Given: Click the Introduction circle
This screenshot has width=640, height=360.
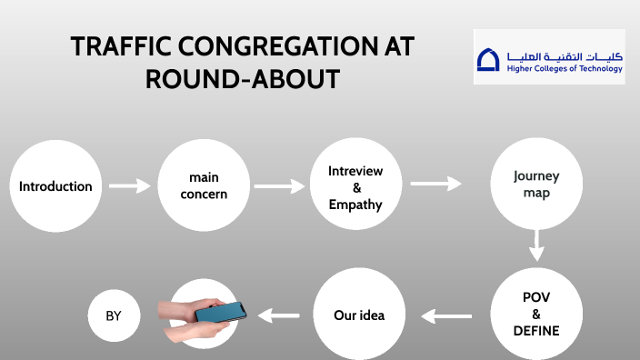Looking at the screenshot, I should pyautogui.click(x=55, y=186).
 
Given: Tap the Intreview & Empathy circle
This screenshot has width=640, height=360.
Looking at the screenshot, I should pyautogui.click(x=355, y=186).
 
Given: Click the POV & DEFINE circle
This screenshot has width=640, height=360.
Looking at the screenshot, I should pyautogui.click(x=535, y=315).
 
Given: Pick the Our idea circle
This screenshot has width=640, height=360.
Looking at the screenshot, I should pyautogui.click(x=359, y=315).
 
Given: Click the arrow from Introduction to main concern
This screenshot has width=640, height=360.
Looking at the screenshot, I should pyautogui.click(x=129, y=186).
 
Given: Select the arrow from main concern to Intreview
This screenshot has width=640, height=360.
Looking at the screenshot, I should pyautogui.click(x=279, y=186).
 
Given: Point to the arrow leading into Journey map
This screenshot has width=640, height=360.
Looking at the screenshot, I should pyautogui.click(x=435, y=184).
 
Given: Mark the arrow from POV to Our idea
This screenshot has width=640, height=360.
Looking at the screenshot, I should pyautogui.click(x=446, y=316).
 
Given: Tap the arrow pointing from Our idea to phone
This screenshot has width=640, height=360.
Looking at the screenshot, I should pyautogui.click(x=279, y=316).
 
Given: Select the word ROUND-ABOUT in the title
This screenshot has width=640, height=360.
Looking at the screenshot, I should pyautogui.click(x=243, y=80).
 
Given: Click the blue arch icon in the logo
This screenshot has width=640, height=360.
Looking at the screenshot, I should pyautogui.click(x=488, y=60).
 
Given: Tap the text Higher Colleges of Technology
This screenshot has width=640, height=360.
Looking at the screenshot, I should pyautogui.click(x=564, y=69).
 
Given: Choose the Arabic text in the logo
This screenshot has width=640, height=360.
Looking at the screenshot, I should pyautogui.click(x=564, y=55).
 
